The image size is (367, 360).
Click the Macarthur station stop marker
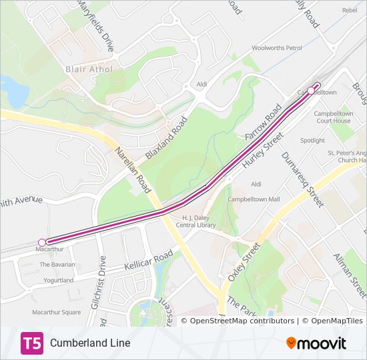coord(42,242)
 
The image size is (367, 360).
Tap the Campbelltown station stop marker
coord(311,91)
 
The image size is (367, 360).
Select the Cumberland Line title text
coord(90,343)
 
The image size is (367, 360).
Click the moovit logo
coord(316,343)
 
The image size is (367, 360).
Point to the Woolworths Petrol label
coord(277,48)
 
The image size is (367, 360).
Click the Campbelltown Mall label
coord(254,199)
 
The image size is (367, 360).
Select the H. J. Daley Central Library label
coord(199,221)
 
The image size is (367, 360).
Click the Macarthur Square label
coord(57,312)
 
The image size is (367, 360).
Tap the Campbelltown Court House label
coord(332,117)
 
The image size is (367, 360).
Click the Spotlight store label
coord(312,141)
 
